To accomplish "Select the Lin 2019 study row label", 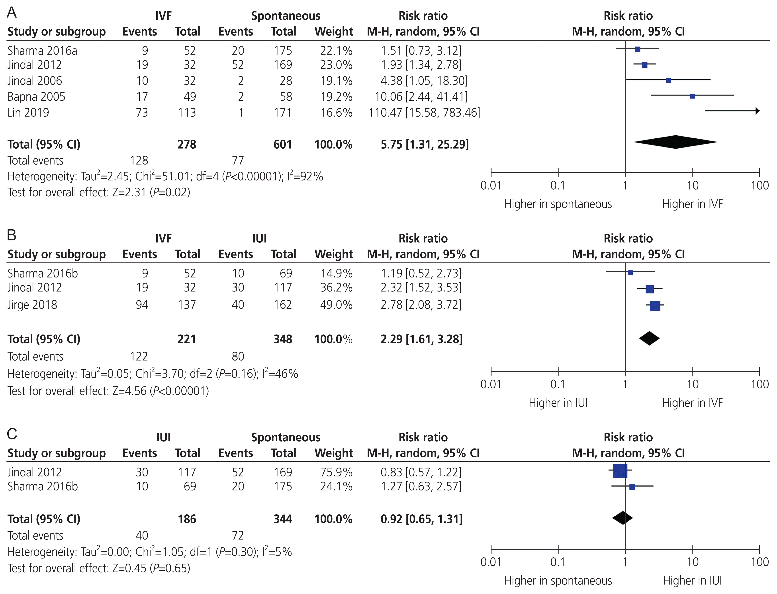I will [28, 112].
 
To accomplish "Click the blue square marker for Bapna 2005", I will [693, 96].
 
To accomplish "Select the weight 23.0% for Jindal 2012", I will [336, 65].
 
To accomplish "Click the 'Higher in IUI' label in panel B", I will [558, 403].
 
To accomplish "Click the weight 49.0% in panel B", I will [336, 304].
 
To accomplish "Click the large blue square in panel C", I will [620, 471].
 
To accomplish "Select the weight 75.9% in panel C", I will [336, 472].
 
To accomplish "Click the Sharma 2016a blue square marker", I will [637, 49].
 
